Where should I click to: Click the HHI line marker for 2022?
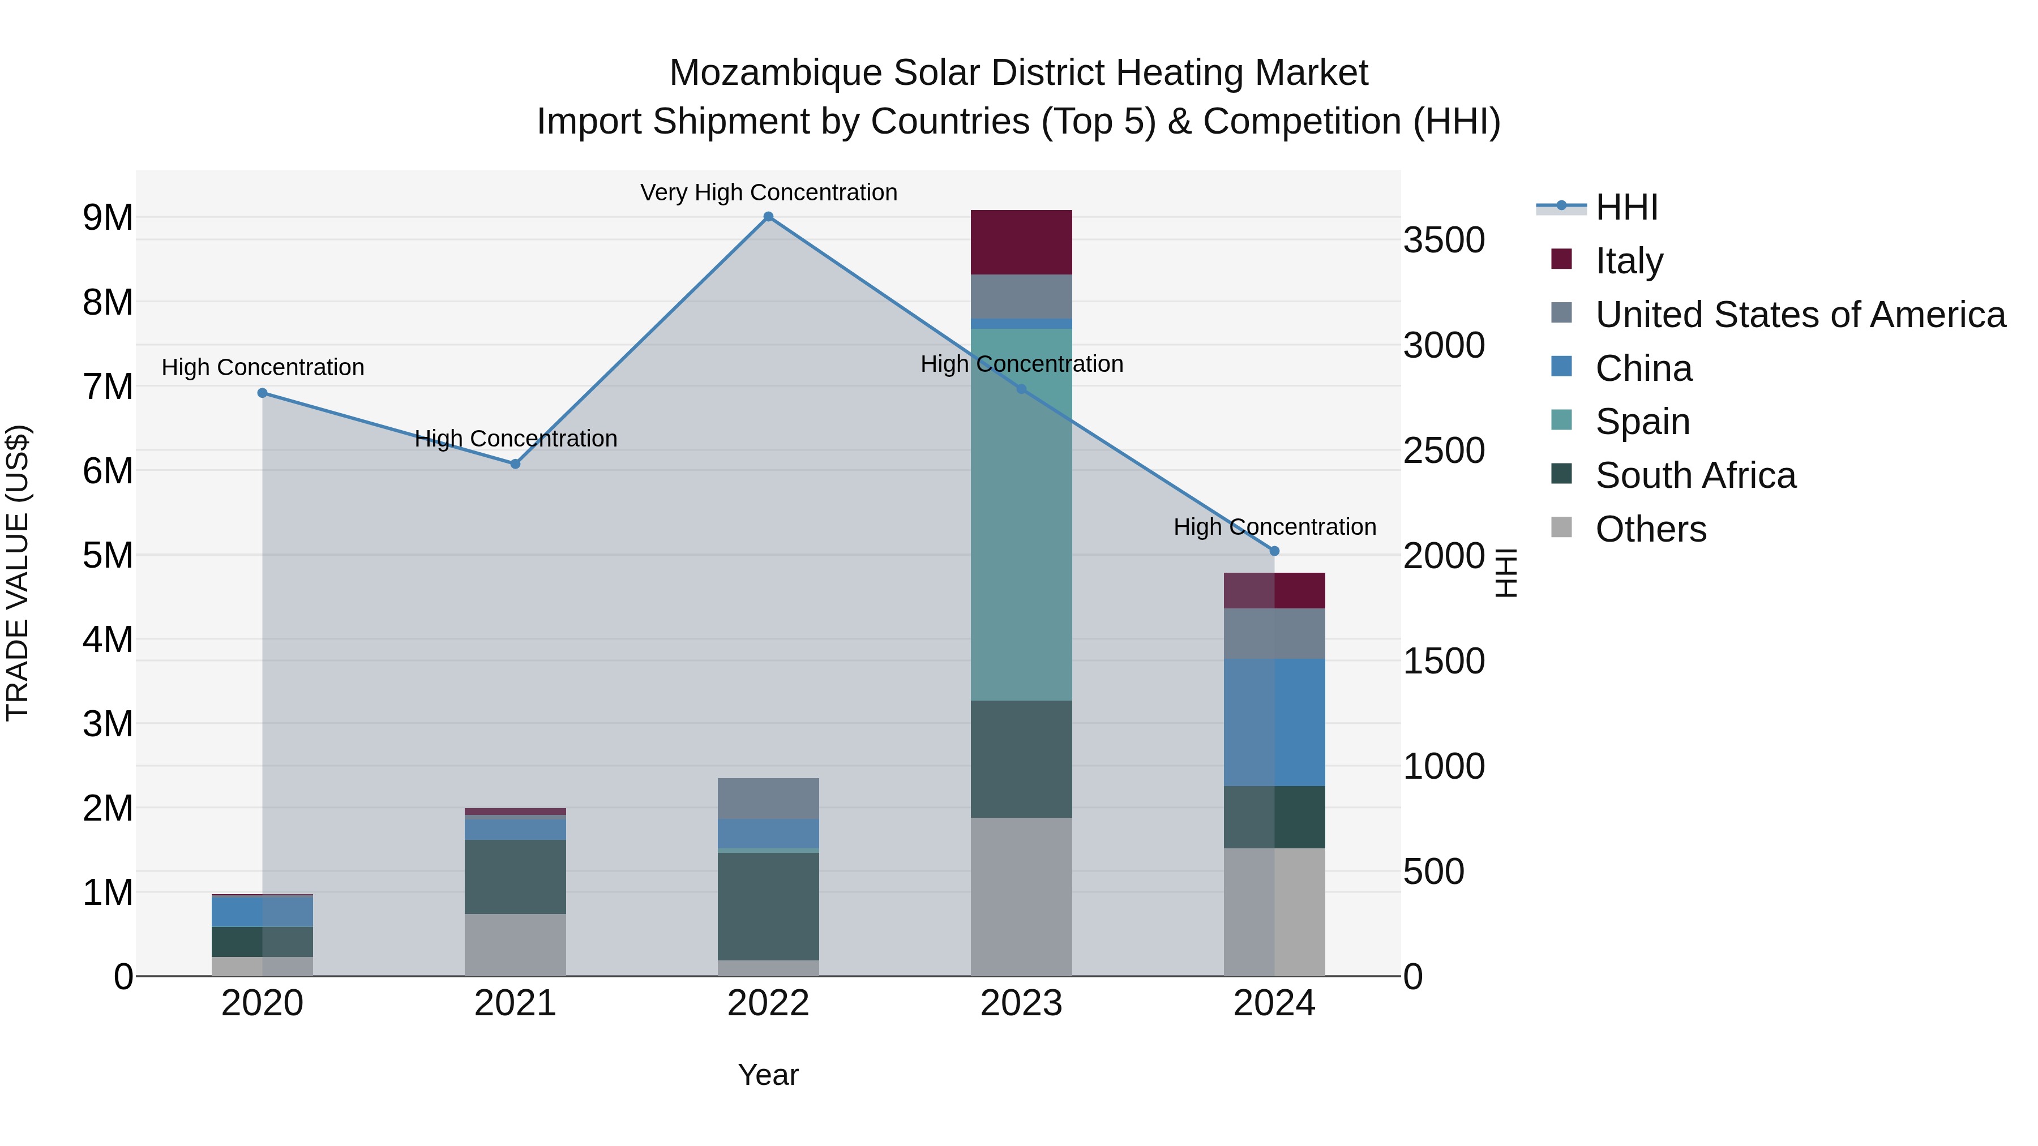(x=768, y=217)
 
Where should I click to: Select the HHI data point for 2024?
(x=1274, y=551)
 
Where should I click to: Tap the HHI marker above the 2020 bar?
(x=263, y=393)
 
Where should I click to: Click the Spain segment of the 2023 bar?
(x=1021, y=514)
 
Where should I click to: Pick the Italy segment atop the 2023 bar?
(x=1021, y=242)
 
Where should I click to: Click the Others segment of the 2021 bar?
(x=515, y=945)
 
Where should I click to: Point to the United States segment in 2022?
(x=768, y=798)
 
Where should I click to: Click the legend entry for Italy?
(x=1629, y=260)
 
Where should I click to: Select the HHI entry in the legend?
(x=1626, y=207)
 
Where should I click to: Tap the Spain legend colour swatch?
(x=1561, y=420)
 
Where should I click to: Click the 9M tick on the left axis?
(x=108, y=217)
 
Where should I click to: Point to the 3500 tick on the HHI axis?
(x=1444, y=241)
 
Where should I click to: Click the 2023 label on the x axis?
(x=1021, y=1003)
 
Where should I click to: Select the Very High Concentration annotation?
(x=768, y=192)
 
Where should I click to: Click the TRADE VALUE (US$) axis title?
(x=18, y=573)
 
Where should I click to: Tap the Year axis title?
(x=768, y=1075)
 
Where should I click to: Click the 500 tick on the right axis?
(x=1433, y=872)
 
